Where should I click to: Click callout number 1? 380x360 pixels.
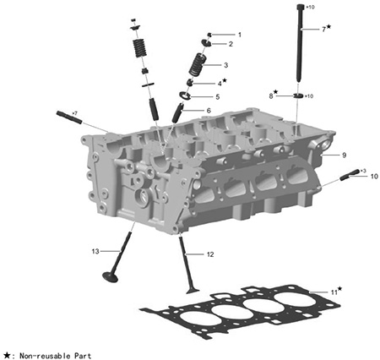(240, 35)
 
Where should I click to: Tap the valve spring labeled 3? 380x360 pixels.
(198, 64)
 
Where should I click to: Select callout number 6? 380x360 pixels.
(209, 111)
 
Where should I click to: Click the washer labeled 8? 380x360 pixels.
(298, 95)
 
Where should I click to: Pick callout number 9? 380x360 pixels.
(344, 155)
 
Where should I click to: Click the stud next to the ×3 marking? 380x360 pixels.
(350, 175)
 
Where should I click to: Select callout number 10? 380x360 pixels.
(374, 177)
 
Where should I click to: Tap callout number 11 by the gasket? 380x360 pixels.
(334, 292)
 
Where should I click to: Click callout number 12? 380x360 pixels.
(210, 254)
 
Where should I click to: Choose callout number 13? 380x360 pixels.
(95, 251)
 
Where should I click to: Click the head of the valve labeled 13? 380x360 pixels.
(110, 277)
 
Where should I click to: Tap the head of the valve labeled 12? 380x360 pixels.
(193, 291)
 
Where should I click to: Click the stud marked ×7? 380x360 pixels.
(69, 117)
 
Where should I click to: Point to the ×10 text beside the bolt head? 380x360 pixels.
(310, 8)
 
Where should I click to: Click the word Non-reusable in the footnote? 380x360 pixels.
(45, 356)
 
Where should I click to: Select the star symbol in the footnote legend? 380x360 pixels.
(7, 355)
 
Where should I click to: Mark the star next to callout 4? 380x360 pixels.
(225, 80)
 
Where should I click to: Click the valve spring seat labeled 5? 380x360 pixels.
(185, 95)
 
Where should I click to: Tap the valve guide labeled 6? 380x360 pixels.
(178, 112)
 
